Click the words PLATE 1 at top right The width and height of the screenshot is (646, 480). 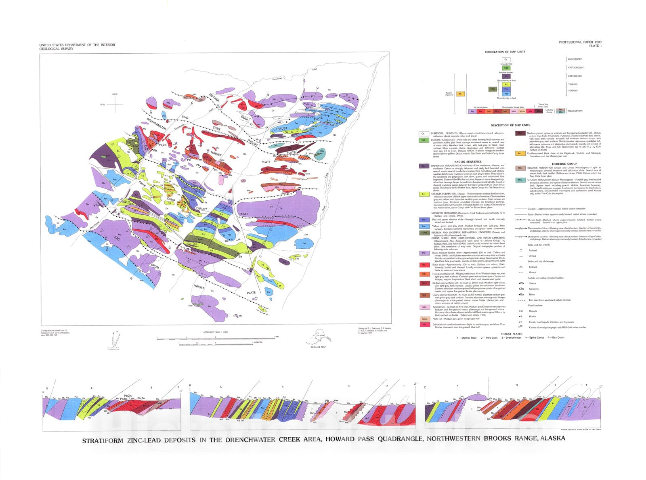pos(595,46)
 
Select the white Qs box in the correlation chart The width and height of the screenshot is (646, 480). pos(506,60)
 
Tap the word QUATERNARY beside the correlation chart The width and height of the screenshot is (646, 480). pos(575,59)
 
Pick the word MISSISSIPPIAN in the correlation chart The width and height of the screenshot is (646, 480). pos(575,111)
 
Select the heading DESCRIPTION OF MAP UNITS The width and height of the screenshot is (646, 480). pos(510,125)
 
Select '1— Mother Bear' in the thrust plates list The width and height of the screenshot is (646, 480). pos(467,338)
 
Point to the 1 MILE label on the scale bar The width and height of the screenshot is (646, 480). pos(277,336)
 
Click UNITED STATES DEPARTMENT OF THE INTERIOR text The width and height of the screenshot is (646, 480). pos(77,45)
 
